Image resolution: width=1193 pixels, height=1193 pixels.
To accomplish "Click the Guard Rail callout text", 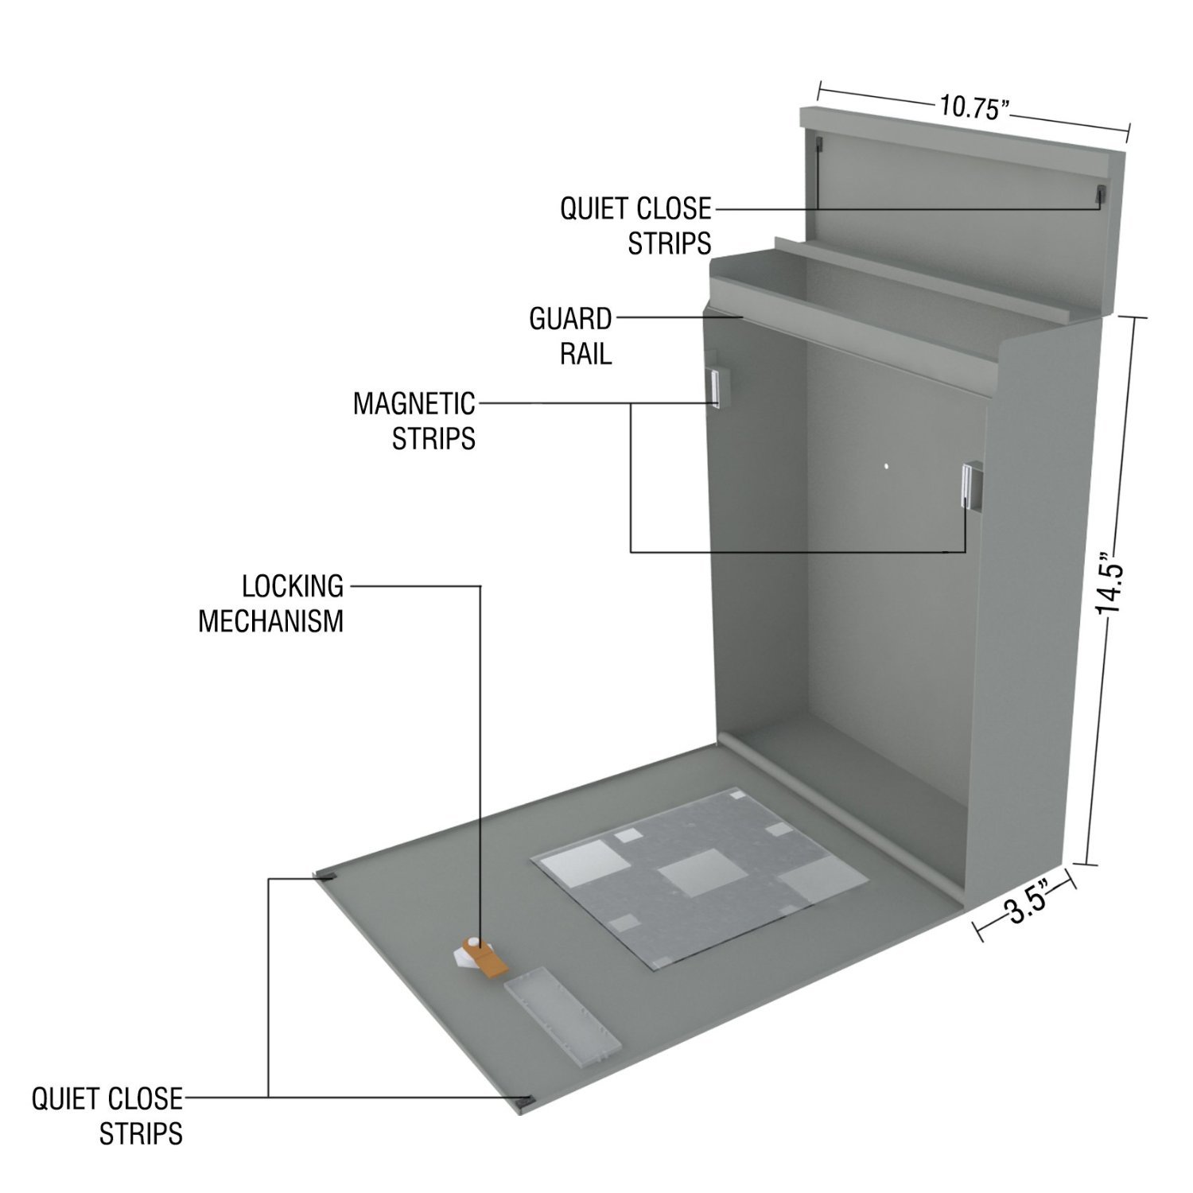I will point(570,336).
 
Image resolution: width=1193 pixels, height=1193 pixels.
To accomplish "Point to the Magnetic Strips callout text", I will point(414,420).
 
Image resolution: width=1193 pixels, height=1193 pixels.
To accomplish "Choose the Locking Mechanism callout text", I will point(270,604).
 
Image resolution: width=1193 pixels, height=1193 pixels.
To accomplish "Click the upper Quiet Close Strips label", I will point(635,226).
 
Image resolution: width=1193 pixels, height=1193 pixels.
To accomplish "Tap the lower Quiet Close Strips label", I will point(107,1116).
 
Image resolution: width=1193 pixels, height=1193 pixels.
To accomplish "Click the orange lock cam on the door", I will point(490,963).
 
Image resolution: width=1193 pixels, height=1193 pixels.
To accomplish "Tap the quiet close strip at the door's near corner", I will point(526,1101).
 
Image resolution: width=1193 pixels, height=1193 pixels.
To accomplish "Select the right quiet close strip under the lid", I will point(1100,194).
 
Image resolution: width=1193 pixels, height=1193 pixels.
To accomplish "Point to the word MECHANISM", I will point(270,621).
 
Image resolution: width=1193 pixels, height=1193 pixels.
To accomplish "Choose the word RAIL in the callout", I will point(586,353).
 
